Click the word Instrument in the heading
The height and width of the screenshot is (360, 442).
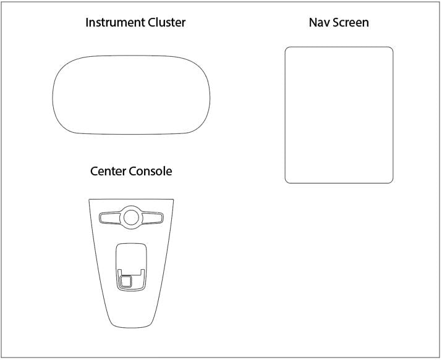(x=116, y=22)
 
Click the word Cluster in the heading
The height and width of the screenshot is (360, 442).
(x=167, y=22)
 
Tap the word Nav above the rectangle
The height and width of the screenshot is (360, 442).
(x=320, y=22)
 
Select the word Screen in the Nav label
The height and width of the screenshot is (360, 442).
(x=351, y=22)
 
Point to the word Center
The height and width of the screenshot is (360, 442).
(x=108, y=171)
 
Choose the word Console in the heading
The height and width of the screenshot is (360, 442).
(x=151, y=171)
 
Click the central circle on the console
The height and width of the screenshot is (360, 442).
(x=131, y=217)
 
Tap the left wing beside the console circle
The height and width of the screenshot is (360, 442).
(x=110, y=218)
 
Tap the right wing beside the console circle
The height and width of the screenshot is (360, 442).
(x=152, y=218)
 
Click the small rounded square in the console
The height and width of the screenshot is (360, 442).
(x=125, y=281)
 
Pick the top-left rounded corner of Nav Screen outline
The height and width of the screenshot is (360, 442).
(x=287, y=49)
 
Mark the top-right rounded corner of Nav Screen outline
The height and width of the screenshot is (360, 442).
(x=391, y=49)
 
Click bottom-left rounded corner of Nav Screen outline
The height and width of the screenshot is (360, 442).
(x=287, y=182)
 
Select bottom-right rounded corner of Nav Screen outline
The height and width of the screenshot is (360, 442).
(x=391, y=182)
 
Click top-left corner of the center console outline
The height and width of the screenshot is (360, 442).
(x=89, y=199)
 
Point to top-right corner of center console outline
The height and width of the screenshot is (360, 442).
(x=173, y=199)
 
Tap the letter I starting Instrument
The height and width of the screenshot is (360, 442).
(x=87, y=22)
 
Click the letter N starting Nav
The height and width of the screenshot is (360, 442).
(x=313, y=22)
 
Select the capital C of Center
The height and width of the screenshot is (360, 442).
(x=95, y=171)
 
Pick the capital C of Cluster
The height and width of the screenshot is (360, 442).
(x=152, y=22)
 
